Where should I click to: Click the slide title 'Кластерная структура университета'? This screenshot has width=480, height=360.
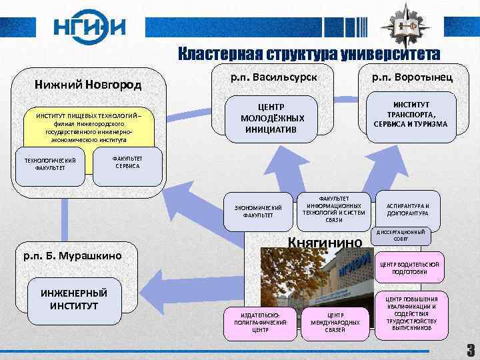point(308,54)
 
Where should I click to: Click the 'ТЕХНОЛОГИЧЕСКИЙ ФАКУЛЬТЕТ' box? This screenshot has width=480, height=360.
point(50,164)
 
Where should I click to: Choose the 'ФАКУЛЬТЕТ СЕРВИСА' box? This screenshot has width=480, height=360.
point(127,162)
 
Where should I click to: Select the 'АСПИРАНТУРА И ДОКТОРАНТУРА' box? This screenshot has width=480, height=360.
point(408,210)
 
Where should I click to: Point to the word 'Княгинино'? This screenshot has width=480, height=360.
point(325,243)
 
